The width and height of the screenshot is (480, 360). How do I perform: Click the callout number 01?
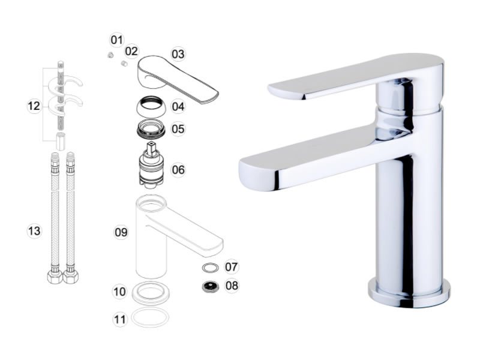click(x=116, y=40)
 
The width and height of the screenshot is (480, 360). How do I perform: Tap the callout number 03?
click(x=178, y=54)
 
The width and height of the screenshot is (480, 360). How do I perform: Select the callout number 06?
click(x=178, y=170)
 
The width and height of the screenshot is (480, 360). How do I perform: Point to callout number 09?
click(x=121, y=232)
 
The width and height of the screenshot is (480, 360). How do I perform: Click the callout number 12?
click(x=34, y=106)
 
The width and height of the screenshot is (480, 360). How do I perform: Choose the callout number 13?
click(x=34, y=231)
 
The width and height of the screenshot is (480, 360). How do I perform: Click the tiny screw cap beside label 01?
click(x=110, y=55)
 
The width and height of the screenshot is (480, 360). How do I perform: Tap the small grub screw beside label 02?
click(x=124, y=64)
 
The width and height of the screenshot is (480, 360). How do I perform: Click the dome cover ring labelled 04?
click(x=151, y=106)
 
